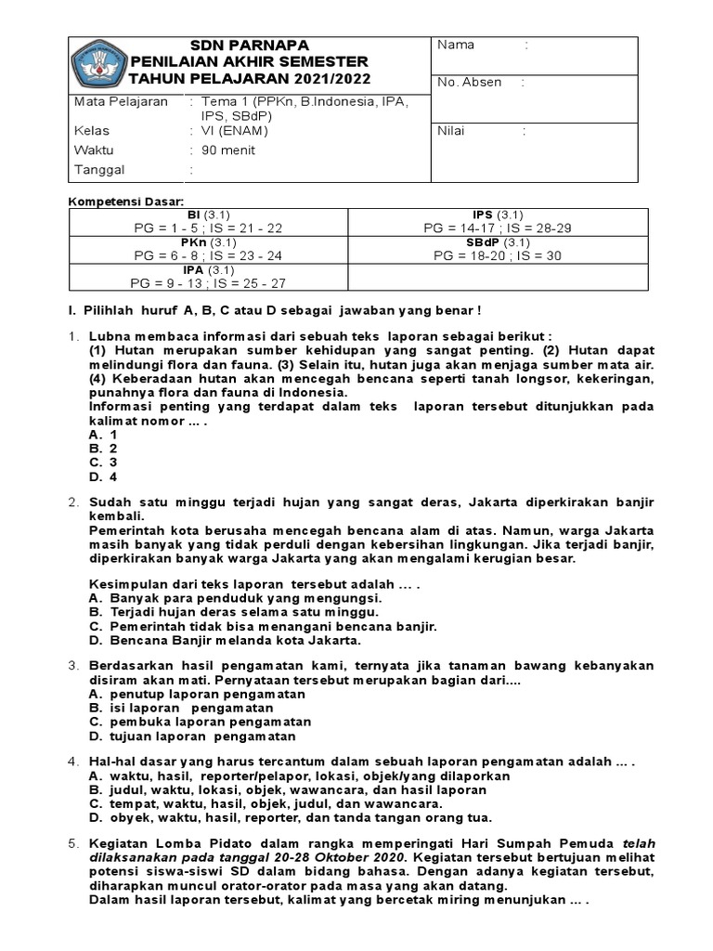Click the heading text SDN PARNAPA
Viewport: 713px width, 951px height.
click(250, 45)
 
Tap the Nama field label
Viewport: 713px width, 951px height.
click(455, 45)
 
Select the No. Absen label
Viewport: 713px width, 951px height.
click(469, 82)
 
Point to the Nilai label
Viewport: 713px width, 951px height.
click(452, 131)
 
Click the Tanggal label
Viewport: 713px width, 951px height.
click(98, 170)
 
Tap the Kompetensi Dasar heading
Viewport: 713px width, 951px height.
click(128, 202)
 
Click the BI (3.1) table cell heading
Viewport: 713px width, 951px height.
click(209, 215)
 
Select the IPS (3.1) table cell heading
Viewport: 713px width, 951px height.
click(497, 215)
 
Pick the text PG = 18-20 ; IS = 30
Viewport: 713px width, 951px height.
click(498, 255)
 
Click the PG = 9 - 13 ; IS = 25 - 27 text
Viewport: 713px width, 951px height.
click(209, 282)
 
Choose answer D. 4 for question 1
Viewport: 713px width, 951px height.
click(103, 477)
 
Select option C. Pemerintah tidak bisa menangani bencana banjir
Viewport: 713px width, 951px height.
click(262, 627)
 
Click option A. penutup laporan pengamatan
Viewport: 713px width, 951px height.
click(197, 694)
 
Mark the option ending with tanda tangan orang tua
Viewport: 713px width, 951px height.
click(290, 817)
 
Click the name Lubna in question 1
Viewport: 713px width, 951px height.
click(110, 335)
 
